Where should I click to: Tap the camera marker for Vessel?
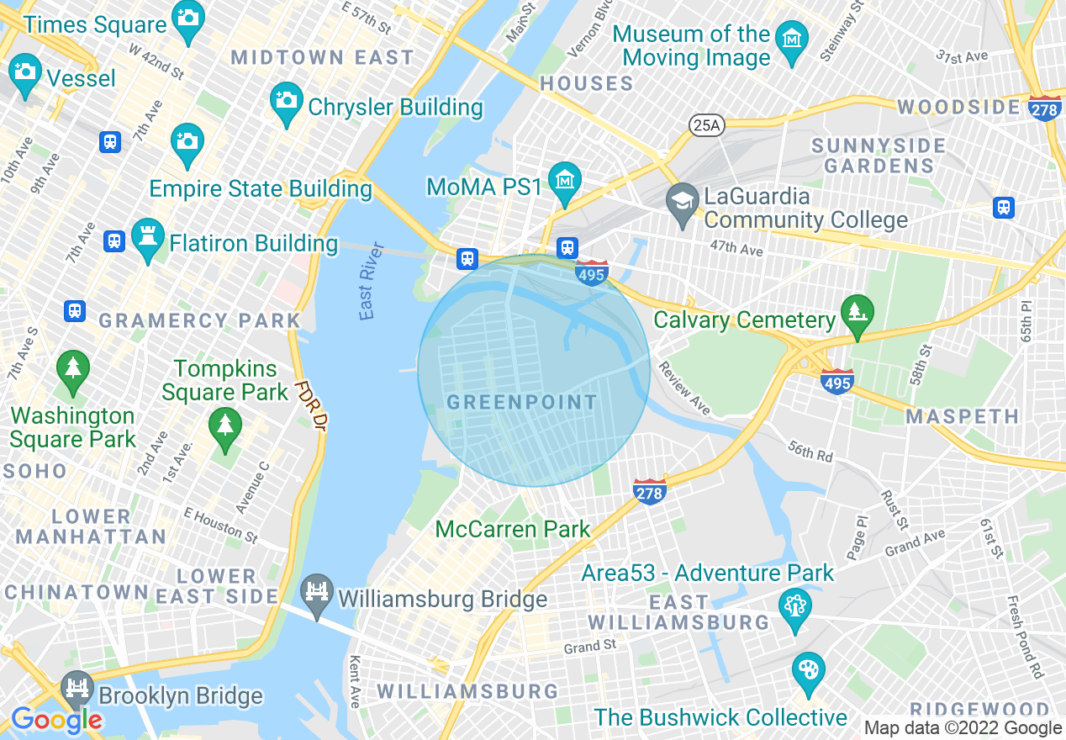[25, 71]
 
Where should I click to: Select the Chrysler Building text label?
[395, 108]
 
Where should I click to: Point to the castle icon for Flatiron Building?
[148, 239]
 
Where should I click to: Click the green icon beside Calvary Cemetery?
[857, 314]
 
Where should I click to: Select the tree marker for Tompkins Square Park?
[224, 423]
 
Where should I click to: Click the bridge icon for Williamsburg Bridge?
[318, 592]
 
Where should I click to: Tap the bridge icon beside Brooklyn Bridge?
[77, 689]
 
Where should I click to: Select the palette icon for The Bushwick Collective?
[808, 669]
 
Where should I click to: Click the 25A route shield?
[706, 125]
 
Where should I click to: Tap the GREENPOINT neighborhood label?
[521, 403]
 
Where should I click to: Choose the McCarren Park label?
[513, 529]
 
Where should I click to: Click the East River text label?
[371, 282]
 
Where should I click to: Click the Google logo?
[56, 720]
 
